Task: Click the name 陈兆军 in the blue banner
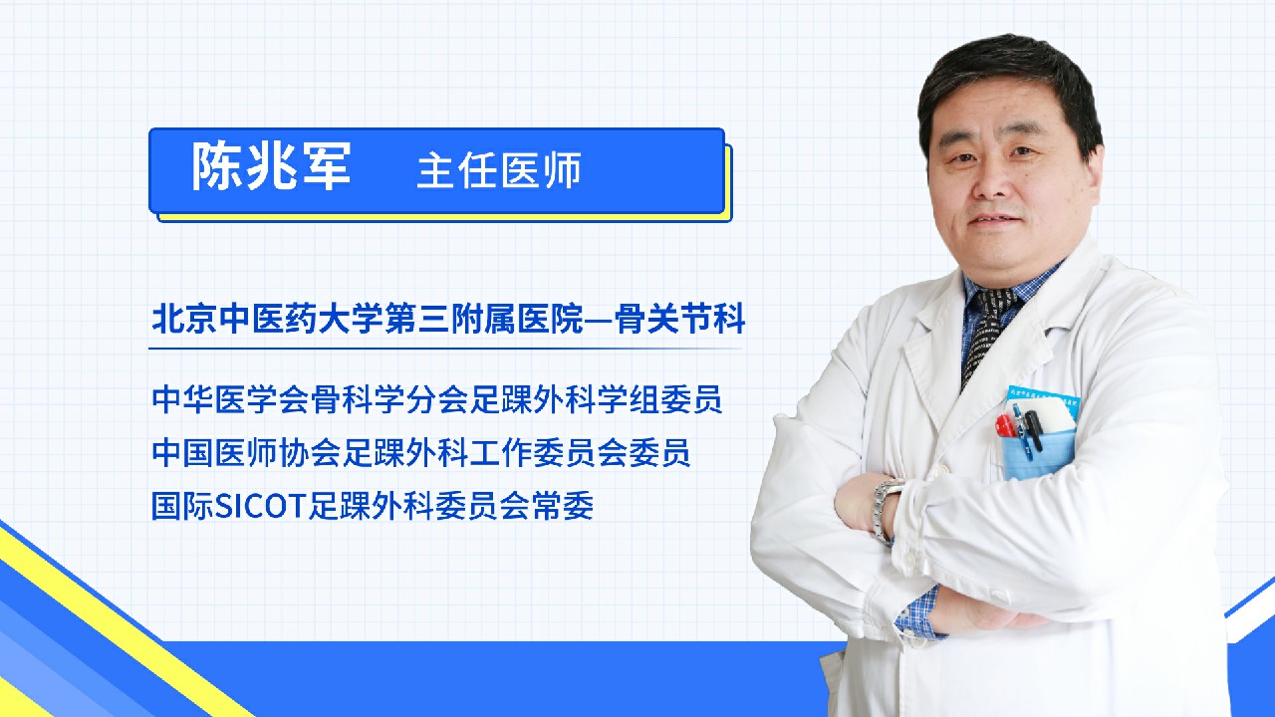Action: (x=271, y=165)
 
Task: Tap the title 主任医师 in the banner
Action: (x=499, y=169)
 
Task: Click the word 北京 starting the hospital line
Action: (x=184, y=320)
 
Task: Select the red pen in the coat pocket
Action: (x=1003, y=425)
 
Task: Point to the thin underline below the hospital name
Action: (x=445, y=348)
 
